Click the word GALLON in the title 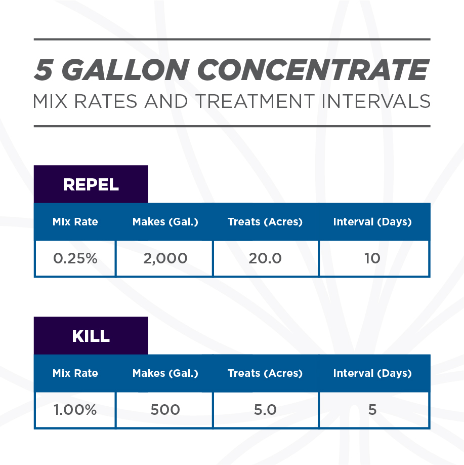click(x=125, y=70)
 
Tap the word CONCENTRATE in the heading click(x=315, y=70)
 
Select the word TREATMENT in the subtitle click(x=255, y=101)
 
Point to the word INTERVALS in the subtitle click(x=376, y=101)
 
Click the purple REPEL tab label click(x=91, y=184)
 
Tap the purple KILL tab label click(x=91, y=336)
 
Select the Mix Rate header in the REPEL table click(x=75, y=222)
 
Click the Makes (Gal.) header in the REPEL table click(x=165, y=222)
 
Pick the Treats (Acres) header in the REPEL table click(x=265, y=222)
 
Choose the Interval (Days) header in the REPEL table click(x=372, y=222)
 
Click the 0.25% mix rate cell click(x=75, y=258)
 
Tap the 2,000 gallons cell click(x=165, y=258)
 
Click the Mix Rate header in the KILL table click(x=75, y=373)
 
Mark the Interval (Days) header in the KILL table click(x=372, y=373)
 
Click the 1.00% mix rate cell click(x=75, y=410)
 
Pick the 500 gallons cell click(x=165, y=410)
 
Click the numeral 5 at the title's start click(x=45, y=70)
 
